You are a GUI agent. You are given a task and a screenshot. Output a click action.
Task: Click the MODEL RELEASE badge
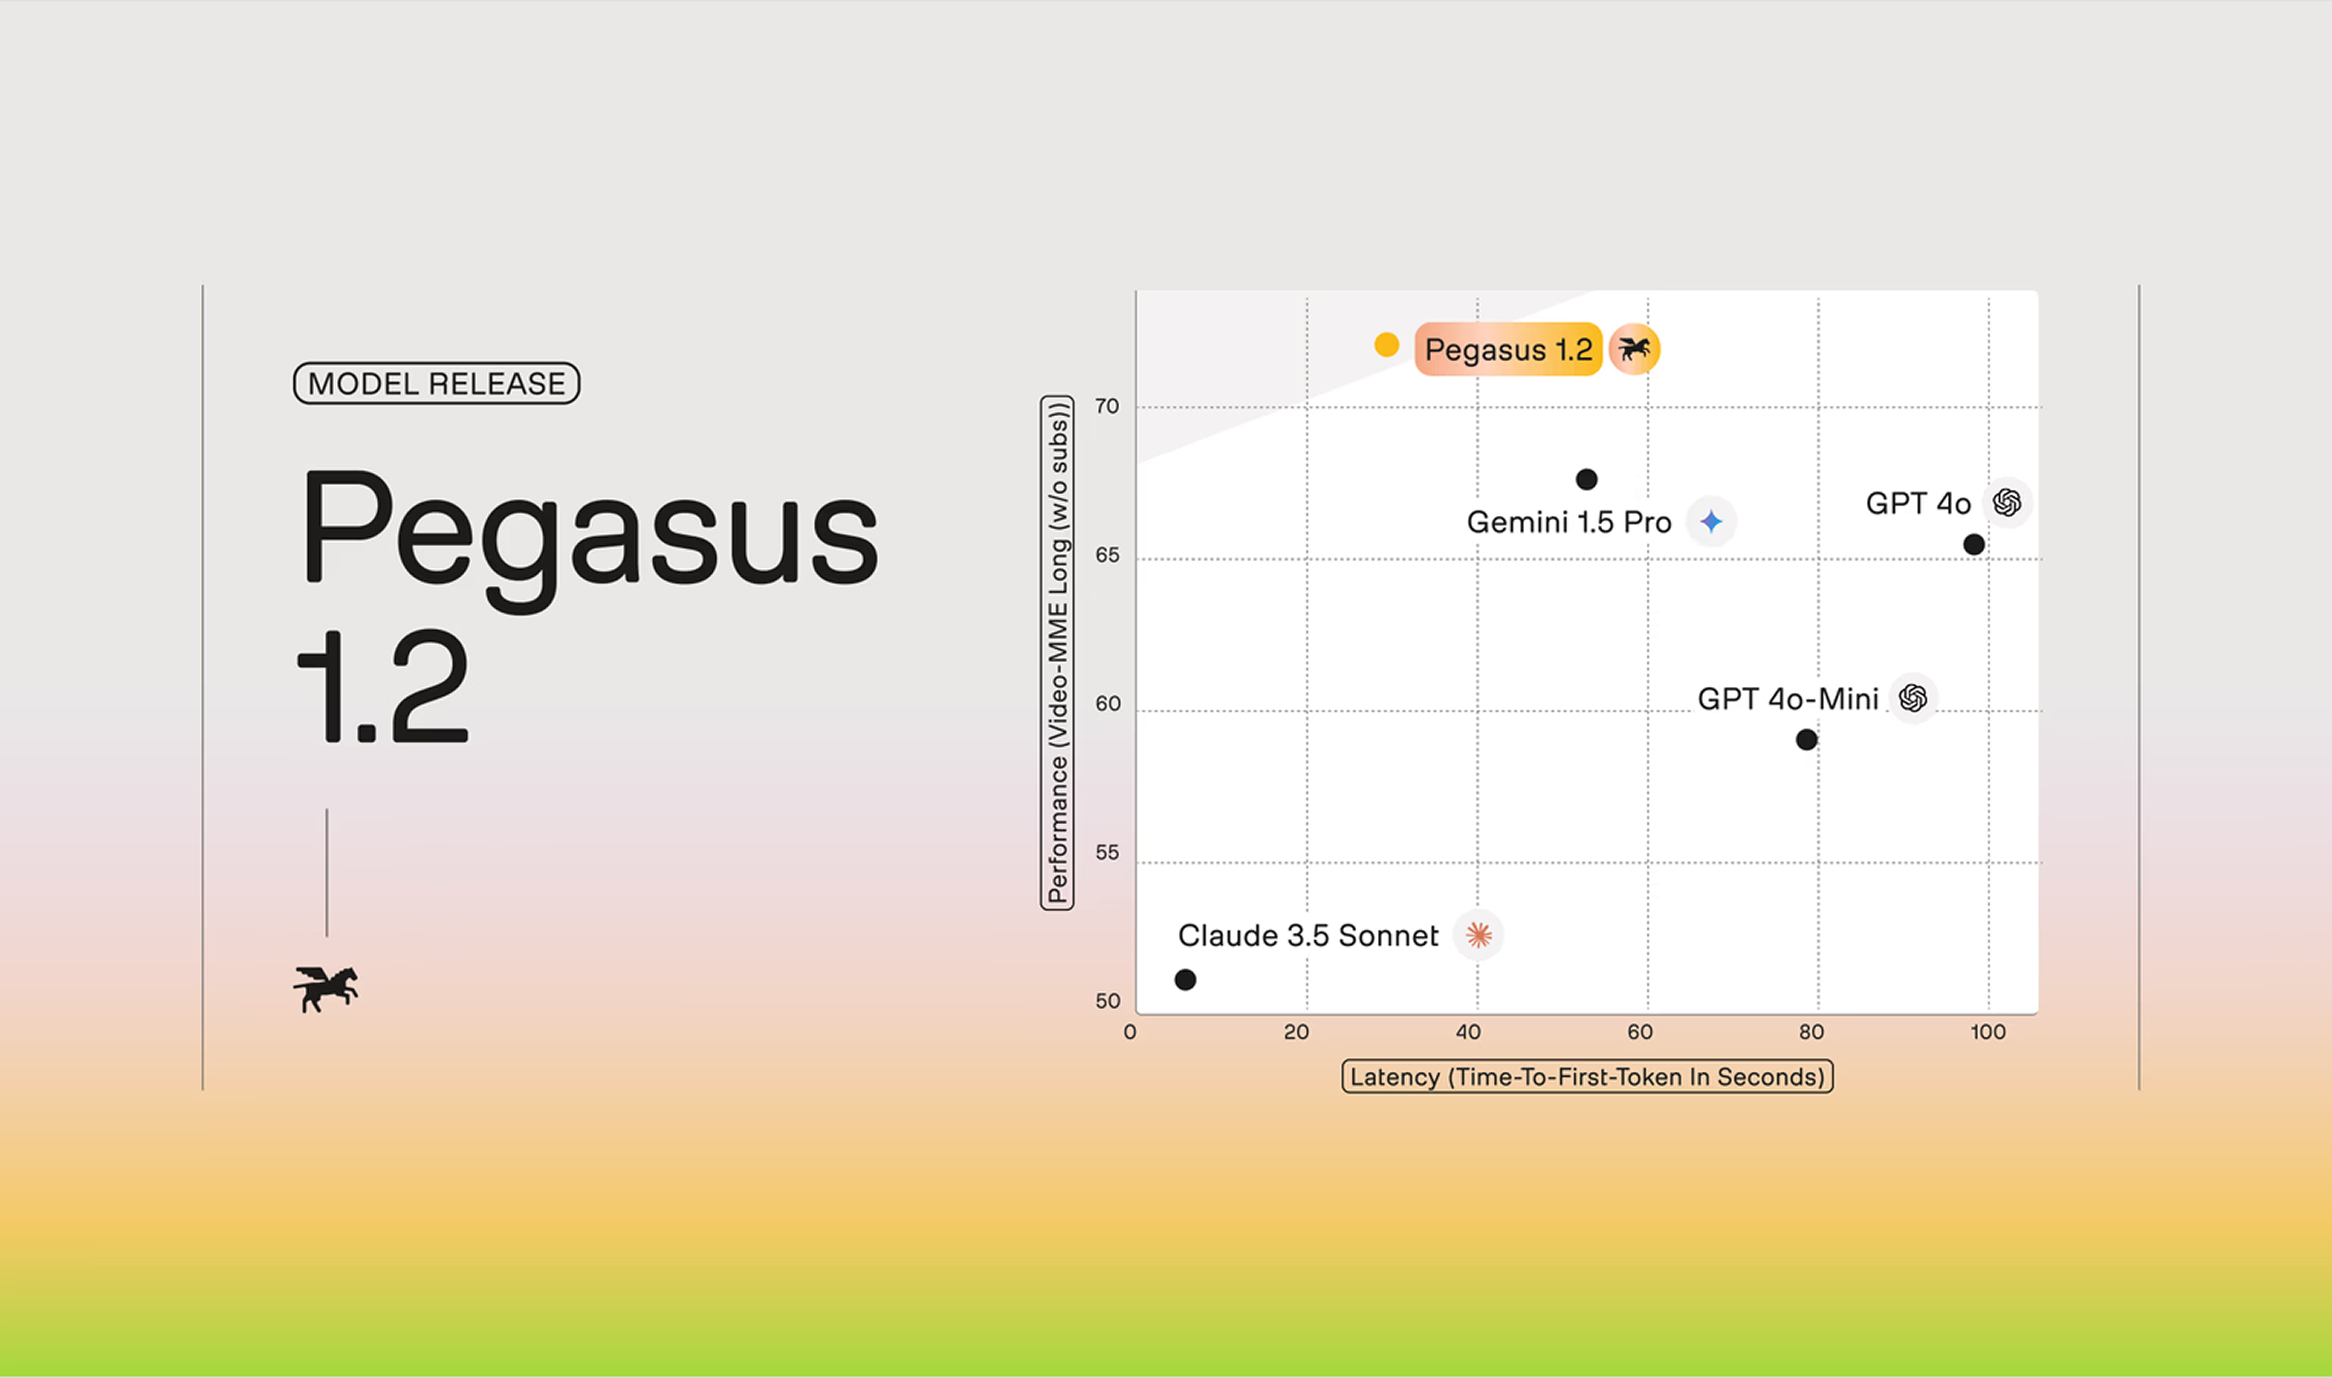(x=437, y=383)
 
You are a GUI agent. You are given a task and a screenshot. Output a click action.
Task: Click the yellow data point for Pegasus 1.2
(x=1386, y=344)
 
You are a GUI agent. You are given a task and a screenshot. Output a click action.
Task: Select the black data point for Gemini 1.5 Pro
(x=1586, y=479)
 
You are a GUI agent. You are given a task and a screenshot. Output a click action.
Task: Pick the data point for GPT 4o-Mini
(x=1806, y=739)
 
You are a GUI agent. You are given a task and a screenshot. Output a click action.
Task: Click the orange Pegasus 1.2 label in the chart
(x=1508, y=349)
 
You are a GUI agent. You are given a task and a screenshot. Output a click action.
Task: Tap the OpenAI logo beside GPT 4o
(x=2007, y=502)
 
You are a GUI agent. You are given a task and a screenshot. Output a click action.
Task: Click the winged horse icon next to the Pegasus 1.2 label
(x=1634, y=349)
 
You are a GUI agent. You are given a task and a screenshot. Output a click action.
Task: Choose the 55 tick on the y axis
(x=1107, y=852)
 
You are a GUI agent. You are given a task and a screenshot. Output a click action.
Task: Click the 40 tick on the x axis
(x=1468, y=1032)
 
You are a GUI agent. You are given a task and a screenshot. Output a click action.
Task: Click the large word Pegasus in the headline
(x=590, y=539)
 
